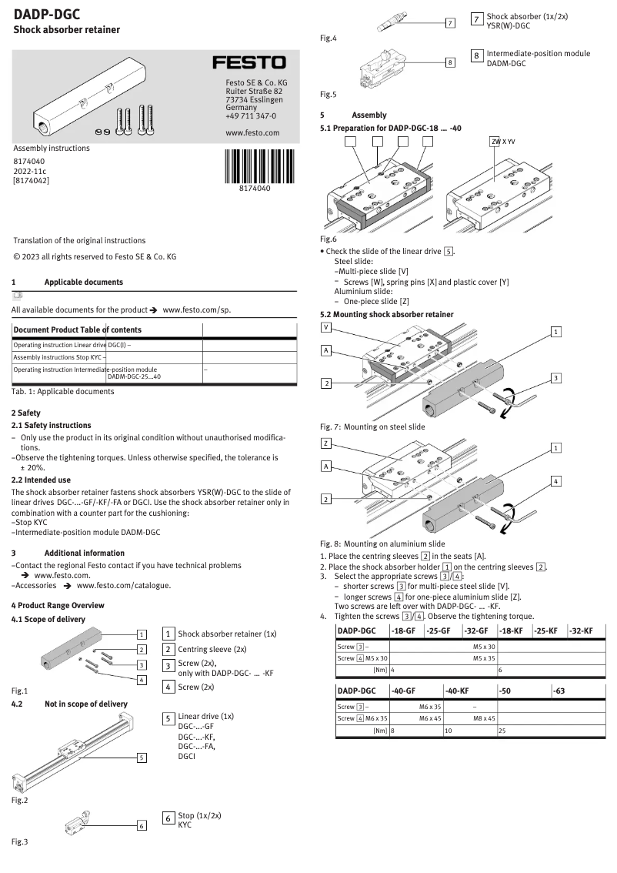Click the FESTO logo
click(248, 62)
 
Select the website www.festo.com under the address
click(252, 133)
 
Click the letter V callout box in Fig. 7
click(326, 327)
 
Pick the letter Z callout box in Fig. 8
click(326, 444)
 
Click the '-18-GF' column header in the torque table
click(404, 631)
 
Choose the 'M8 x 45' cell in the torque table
click(484, 717)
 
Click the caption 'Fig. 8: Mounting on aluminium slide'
click(382, 543)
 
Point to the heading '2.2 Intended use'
click(41, 480)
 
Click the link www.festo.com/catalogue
click(124, 585)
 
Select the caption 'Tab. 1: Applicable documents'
click(63, 391)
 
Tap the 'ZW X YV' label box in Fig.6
click(502, 142)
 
